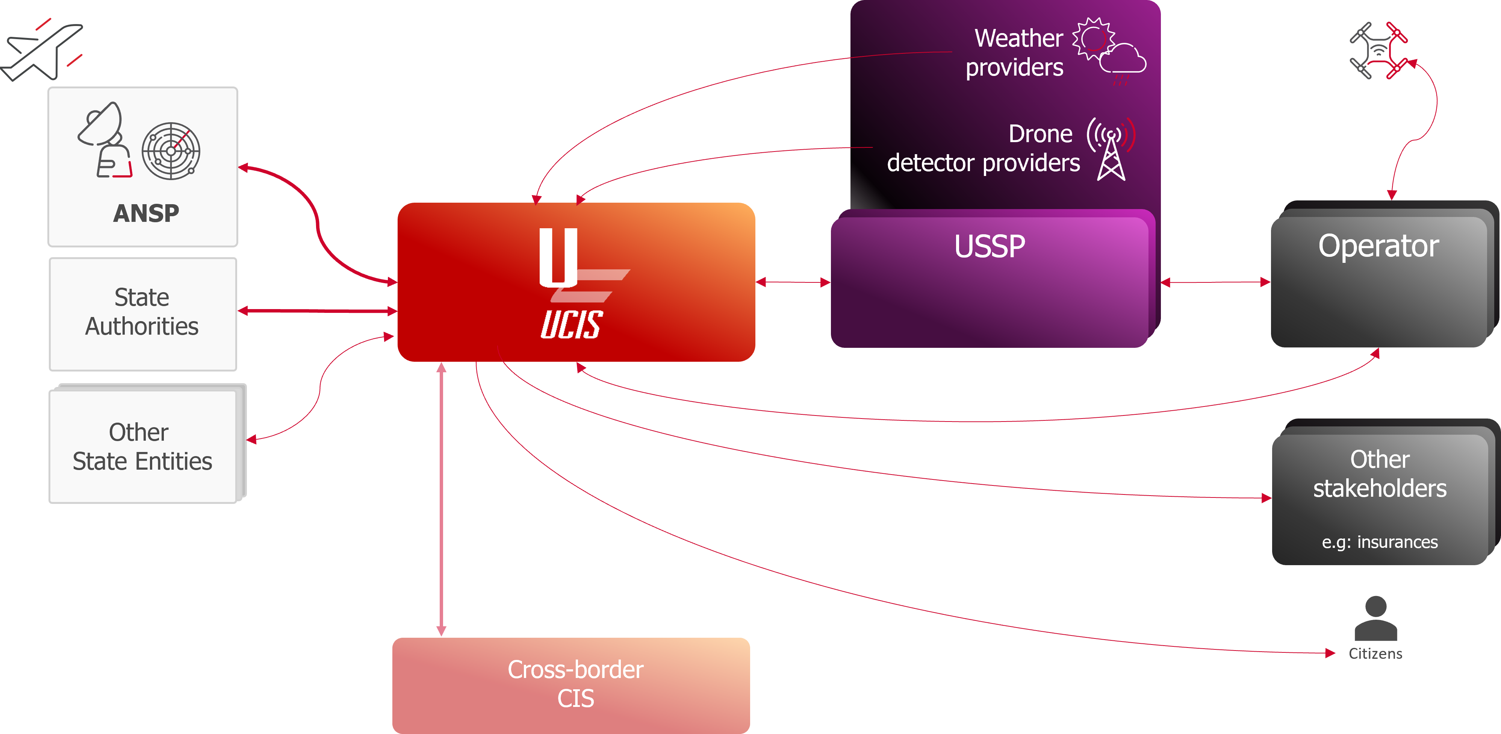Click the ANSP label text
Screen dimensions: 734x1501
[146, 213]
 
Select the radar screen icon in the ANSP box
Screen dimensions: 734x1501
[171, 151]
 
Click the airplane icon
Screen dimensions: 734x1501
[41, 51]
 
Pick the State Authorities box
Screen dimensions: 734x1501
[143, 313]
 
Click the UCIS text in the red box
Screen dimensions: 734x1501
[571, 325]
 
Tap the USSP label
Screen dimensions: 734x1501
[990, 247]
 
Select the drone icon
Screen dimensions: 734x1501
[1378, 51]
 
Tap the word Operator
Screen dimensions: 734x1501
[1378, 246]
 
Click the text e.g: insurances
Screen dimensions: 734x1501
[1379, 542]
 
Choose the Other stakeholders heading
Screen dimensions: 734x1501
[1379, 473]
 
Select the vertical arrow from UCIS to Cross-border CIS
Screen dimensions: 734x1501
[441, 499]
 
